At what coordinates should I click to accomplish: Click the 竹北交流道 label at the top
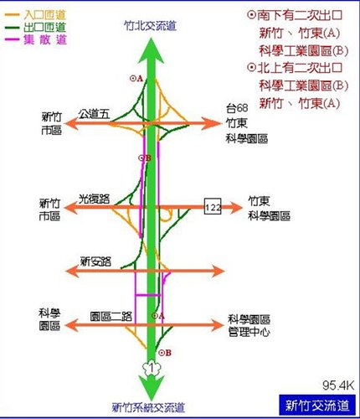(151, 26)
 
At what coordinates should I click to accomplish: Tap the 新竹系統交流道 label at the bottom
(148, 407)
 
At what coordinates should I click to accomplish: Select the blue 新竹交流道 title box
(317, 406)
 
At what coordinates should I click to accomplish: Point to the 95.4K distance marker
(338, 385)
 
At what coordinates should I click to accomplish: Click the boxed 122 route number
(213, 206)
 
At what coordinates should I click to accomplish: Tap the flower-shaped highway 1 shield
(152, 368)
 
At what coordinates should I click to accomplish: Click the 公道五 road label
(94, 114)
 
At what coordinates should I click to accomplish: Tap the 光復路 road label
(94, 199)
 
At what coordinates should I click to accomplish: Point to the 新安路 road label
(95, 261)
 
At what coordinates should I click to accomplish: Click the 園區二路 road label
(111, 317)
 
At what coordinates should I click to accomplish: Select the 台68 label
(237, 108)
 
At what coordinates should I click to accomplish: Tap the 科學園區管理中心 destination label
(249, 325)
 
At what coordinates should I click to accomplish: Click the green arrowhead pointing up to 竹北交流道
(151, 50)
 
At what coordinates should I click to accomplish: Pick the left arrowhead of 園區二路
(71, 325)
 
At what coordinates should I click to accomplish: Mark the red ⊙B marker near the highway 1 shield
(165, 353)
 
